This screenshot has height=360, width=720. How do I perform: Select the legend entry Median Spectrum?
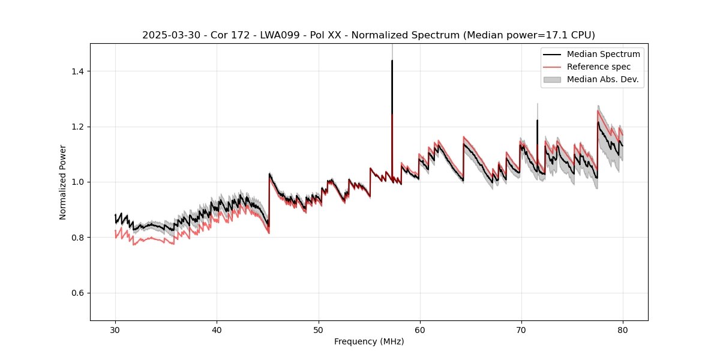(603, 54)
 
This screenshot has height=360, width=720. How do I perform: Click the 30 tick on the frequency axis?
(116, 330)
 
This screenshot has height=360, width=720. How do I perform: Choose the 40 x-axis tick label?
(217, 330)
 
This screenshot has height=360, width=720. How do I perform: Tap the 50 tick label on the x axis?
(319, 330)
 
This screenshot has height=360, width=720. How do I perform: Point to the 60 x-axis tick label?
(420, 330)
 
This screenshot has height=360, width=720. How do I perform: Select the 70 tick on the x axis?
(521, 330)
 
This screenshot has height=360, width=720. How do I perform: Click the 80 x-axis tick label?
(623, 330)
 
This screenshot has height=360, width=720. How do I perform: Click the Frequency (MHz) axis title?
(369, 342)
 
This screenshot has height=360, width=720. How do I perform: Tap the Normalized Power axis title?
(63, 182)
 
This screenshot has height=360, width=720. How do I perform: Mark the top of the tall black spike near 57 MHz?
(392, 61)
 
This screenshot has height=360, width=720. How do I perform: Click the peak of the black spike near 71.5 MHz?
(537, 121)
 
